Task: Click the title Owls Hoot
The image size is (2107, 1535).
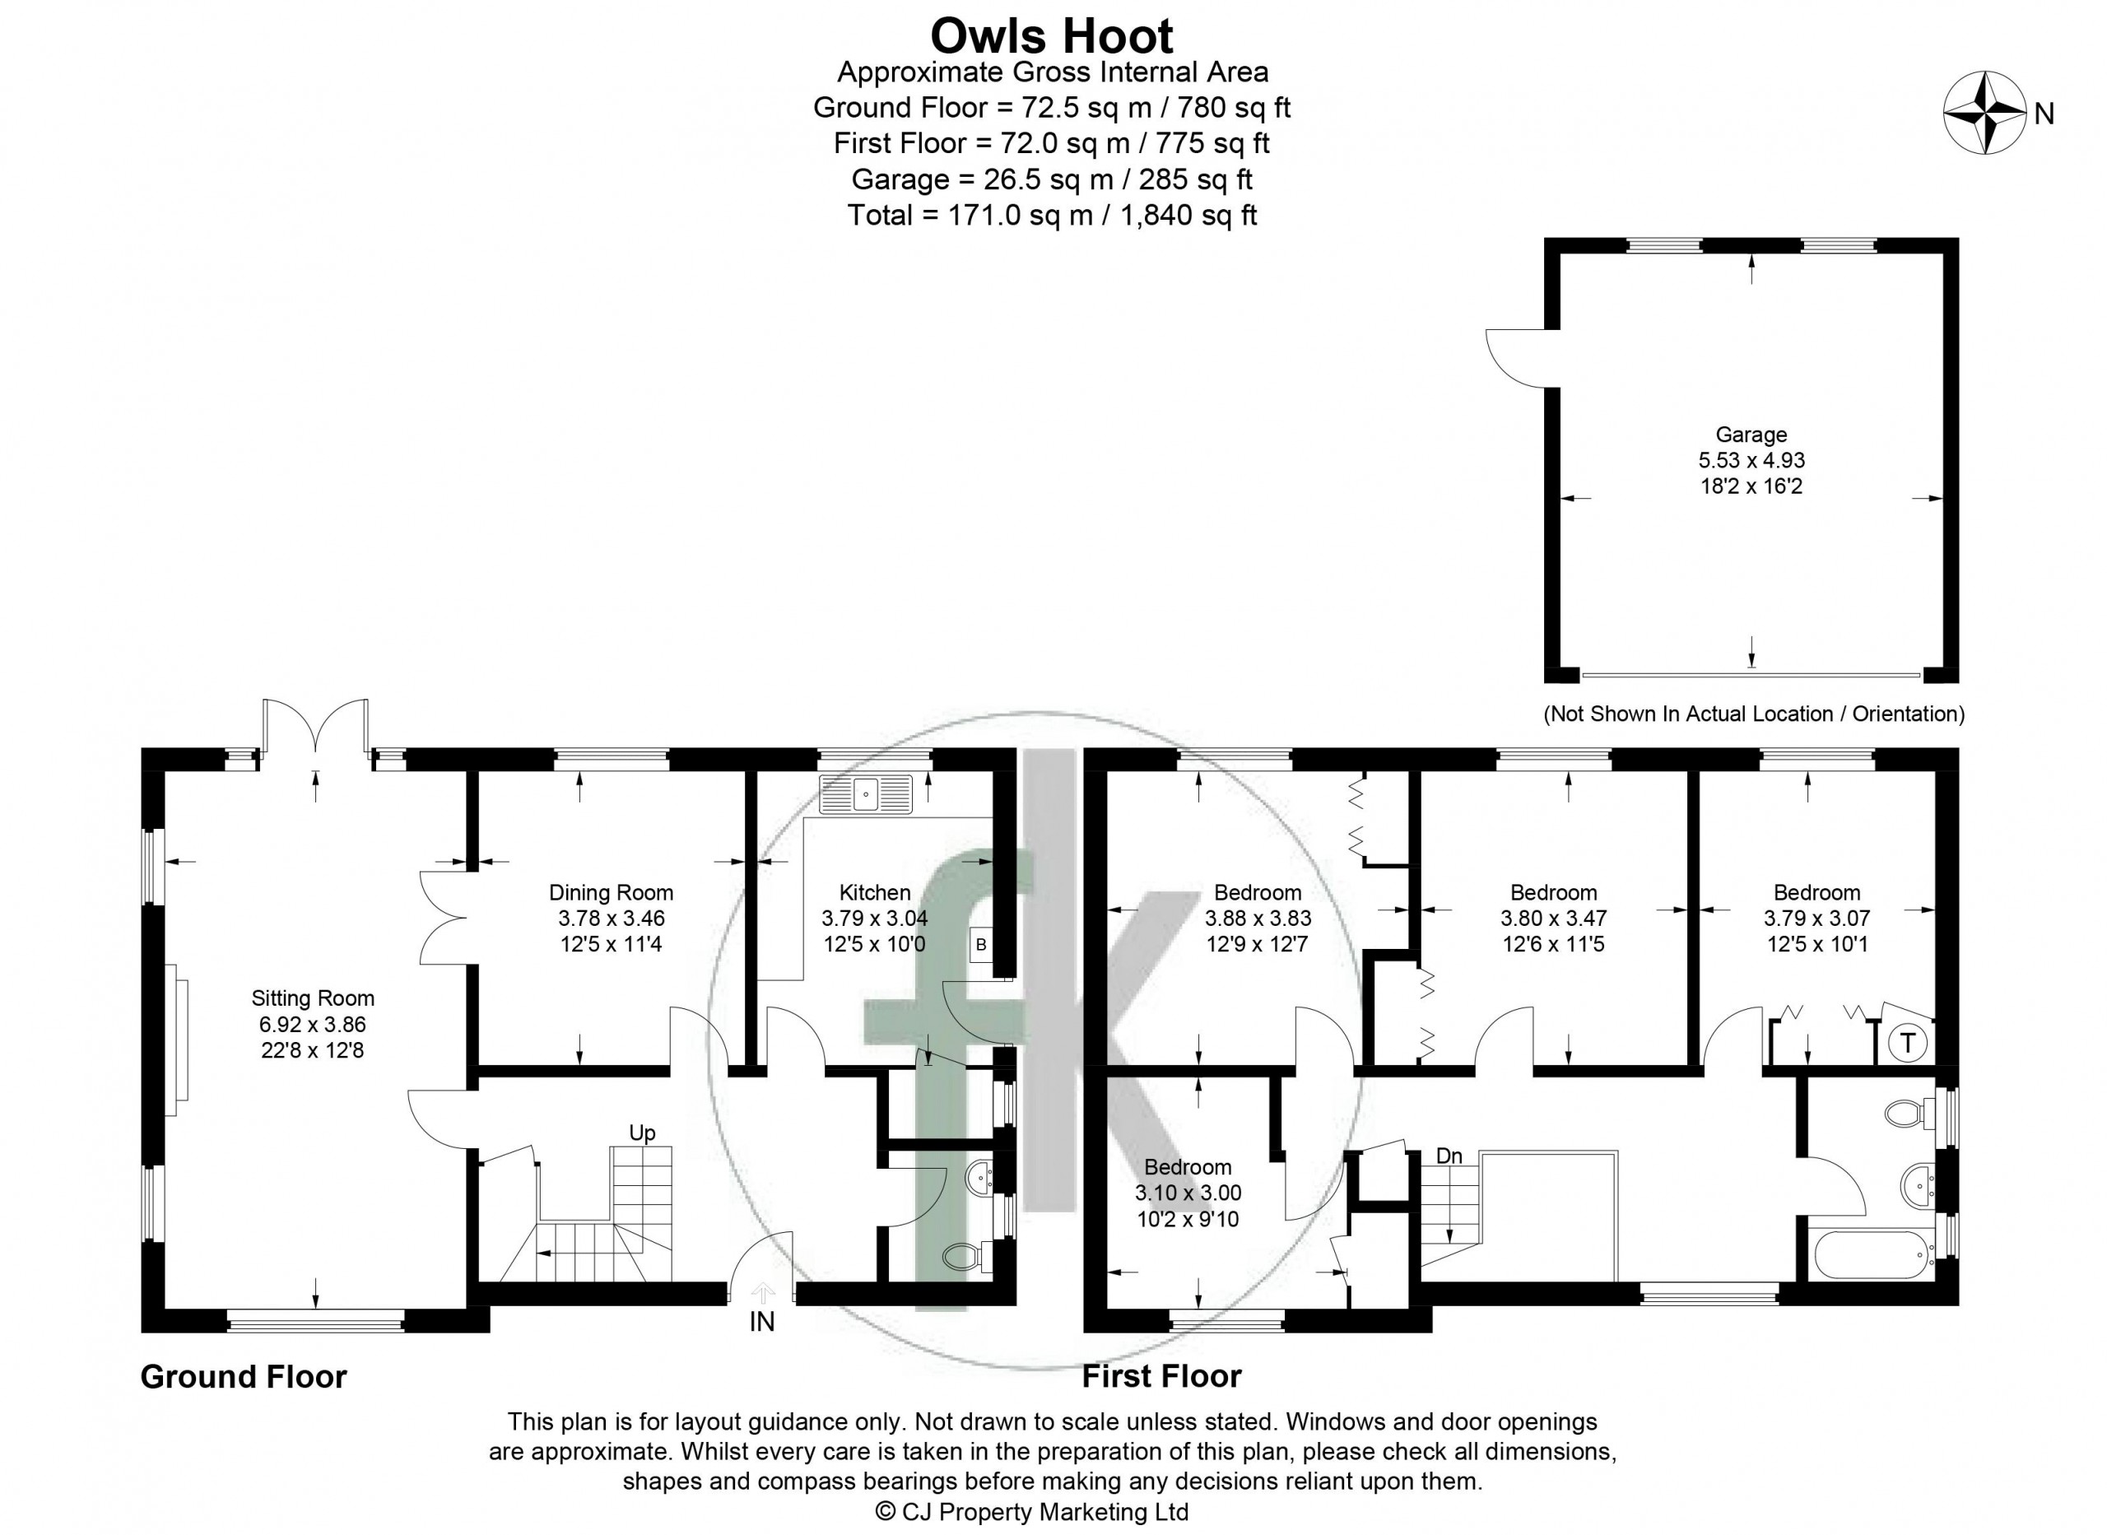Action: tap(1052, 36)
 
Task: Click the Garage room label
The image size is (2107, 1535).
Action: tap(1751, 434)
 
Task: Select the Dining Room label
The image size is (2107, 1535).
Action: tap(612, 892)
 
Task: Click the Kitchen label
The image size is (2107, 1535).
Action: tap(875, 892)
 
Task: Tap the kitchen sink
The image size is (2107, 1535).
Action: tap(867, 794)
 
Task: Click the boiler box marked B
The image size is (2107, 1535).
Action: tap(980, 946)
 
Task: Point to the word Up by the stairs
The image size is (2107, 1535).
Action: tap(642, 1133)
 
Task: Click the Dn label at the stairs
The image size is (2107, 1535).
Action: tap(1449, 1156)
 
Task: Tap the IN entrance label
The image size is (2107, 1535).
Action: tap(762, 1321)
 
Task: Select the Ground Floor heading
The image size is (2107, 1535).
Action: tap(244, 1376)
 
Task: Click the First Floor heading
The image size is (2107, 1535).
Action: tap(1161, 1376)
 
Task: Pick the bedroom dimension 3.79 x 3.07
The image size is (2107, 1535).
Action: tap(1816, 918)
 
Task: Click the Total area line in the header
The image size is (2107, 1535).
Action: tap(1052, 216)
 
